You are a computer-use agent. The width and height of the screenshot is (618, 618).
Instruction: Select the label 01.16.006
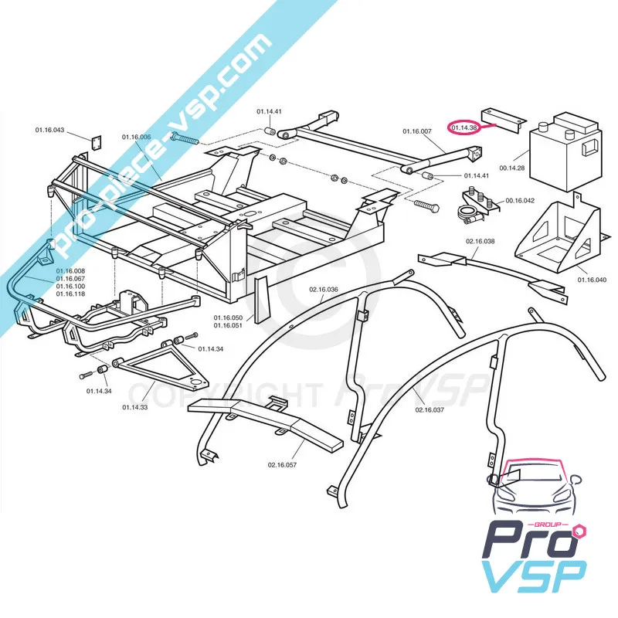136,137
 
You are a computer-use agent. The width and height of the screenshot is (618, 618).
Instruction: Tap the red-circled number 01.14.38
464,127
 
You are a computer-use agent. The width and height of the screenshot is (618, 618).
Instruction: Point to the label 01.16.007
417,131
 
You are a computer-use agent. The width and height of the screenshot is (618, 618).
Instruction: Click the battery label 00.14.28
511,167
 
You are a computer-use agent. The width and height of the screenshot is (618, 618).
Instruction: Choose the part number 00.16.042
520,201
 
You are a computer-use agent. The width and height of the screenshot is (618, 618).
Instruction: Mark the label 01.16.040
592,280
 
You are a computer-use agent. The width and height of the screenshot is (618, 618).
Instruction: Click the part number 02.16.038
480,241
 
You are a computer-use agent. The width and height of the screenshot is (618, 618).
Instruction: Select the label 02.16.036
324,290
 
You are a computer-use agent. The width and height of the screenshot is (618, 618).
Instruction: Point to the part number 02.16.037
430,409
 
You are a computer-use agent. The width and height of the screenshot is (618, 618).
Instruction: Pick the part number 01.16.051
228,325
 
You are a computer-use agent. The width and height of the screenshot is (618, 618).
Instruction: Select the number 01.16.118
70,294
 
